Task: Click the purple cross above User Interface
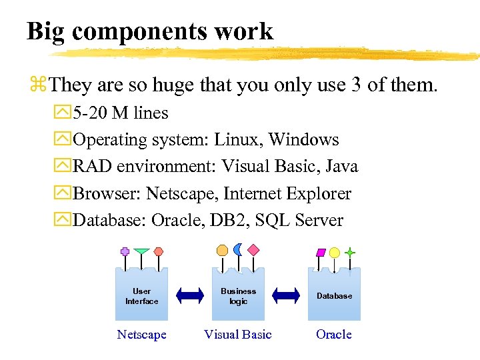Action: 125,251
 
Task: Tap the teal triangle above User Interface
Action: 141,252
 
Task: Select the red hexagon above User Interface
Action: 159,251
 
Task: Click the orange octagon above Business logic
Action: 222,250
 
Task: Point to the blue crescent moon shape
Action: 238,249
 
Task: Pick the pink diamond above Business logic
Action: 253,250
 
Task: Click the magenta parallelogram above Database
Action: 320,253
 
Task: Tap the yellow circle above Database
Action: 335,253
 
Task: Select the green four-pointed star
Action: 349,253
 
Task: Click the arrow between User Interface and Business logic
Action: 190,295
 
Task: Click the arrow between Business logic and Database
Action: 287,295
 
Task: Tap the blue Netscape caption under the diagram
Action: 141,334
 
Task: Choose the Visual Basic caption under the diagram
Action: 238,334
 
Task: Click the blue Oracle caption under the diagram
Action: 333,334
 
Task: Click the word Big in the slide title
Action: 43,31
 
